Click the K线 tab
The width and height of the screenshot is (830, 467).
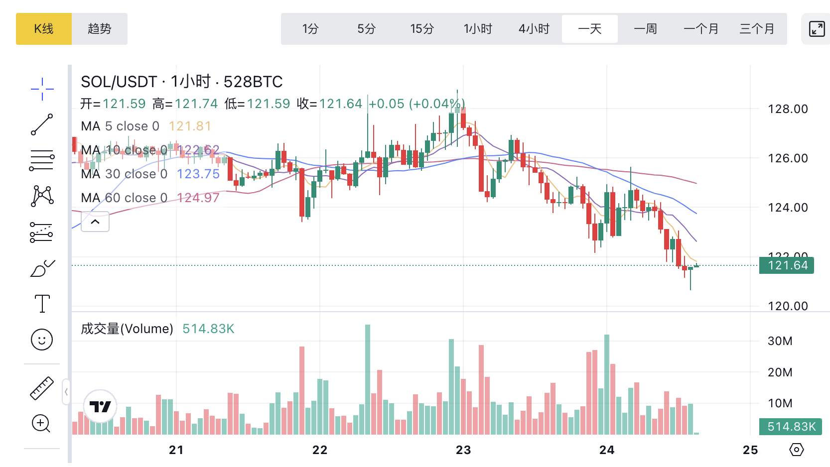tap(44, 29)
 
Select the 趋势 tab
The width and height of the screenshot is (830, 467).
tap(100, 29)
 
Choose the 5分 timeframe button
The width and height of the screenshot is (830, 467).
tap(366, 29)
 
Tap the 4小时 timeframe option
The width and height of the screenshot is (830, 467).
tap(534, 29)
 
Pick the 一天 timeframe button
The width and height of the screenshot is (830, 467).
tap(590, 29)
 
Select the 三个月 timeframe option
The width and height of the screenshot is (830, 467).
tap(757, 29)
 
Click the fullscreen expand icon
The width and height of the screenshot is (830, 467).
tap(817, 29)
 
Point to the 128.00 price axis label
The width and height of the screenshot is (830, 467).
tap(788, 109)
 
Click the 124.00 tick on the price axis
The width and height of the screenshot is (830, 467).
tap(788, 207)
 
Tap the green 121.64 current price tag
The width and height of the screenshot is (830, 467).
tap(787, 265)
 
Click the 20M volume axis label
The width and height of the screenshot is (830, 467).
tap(780, 372)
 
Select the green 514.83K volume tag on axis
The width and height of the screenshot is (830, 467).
tap(791, 427)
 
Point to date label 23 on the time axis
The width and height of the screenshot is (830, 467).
tap(463, 450)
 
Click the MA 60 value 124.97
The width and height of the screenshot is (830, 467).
tap(198, 198)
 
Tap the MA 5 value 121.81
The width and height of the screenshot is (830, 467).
tap(190, 126)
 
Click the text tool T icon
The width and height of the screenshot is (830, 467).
tap(42, 303)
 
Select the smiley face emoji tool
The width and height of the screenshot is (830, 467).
tap(42, 340)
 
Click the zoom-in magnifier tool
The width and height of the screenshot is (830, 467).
tap(41, 424)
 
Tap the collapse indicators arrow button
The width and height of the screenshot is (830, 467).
tap(95, 222)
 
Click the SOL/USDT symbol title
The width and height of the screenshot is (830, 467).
tap(119, 82)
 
